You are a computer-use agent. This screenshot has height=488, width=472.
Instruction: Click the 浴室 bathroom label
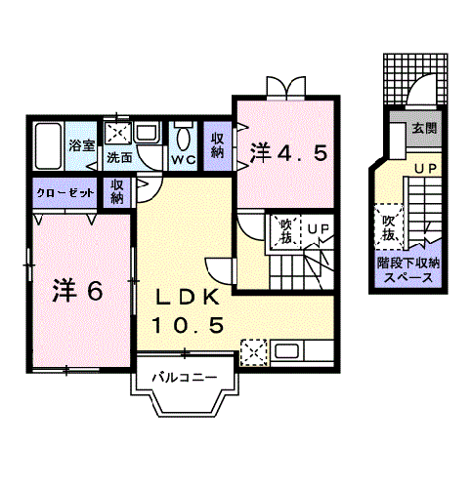coord(81,146)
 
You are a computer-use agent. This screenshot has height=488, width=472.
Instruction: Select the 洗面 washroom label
coord(120,156)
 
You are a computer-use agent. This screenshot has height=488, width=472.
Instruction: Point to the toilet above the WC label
coord(183,135)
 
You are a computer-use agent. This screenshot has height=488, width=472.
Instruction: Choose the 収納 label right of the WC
coord(218,144)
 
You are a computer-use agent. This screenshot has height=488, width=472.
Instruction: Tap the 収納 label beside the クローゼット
coord(117,191)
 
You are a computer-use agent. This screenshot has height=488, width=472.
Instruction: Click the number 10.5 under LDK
coord(191,324)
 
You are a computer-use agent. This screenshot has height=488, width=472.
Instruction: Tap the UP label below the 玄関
coord(425,169)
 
